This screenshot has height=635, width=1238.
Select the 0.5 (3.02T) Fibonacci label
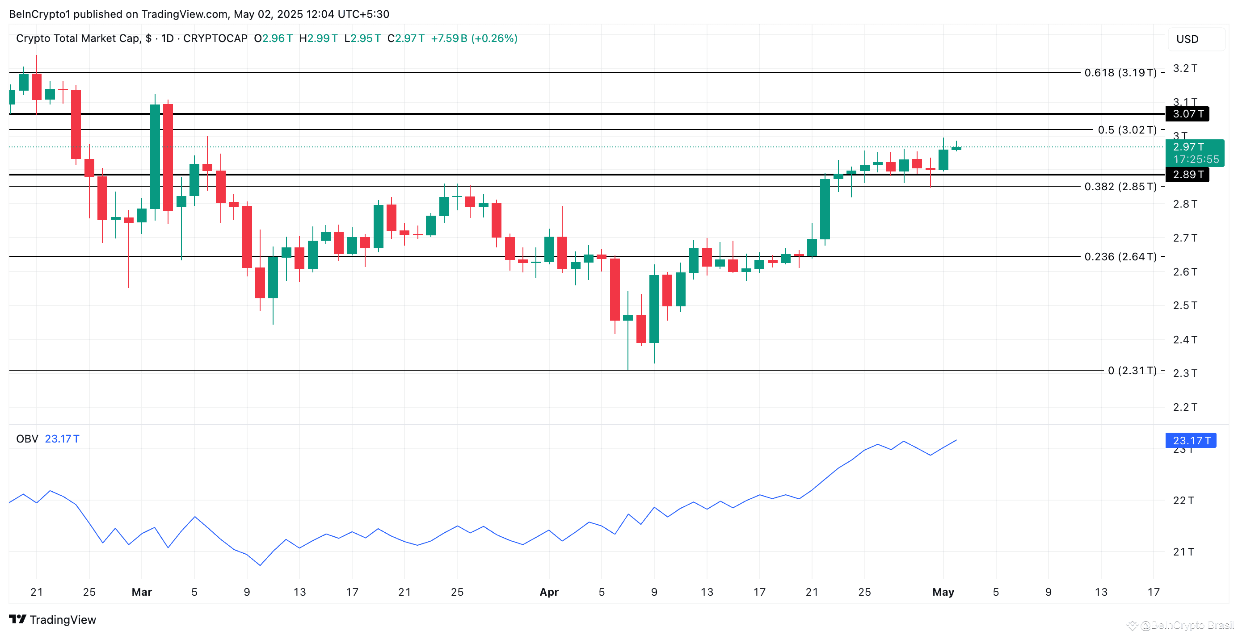coord(1127,130)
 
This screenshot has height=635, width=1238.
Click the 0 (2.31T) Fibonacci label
coord(1132,370)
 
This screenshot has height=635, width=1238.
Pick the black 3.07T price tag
coord(1187,114)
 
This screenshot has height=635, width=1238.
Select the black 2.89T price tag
coord(1187,174)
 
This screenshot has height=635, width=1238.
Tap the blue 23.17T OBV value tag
coord(1191,440)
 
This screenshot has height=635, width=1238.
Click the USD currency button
coord(1187,39)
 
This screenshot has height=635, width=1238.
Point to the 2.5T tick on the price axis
coord(1185,305)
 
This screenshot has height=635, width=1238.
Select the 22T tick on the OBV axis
coord(1183,501)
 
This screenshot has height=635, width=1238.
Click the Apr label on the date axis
coord(549,592)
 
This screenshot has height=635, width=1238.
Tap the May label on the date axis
coord(943,592)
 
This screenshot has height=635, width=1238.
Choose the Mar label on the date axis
coord(142,592)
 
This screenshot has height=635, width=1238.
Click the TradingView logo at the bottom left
coord(52,620)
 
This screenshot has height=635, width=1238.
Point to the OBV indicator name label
coord(27,439)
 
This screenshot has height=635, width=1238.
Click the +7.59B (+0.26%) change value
coord(474,38)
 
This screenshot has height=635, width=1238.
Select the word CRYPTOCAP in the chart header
coord(215,38)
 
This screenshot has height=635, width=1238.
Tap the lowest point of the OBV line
coord(260,565)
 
